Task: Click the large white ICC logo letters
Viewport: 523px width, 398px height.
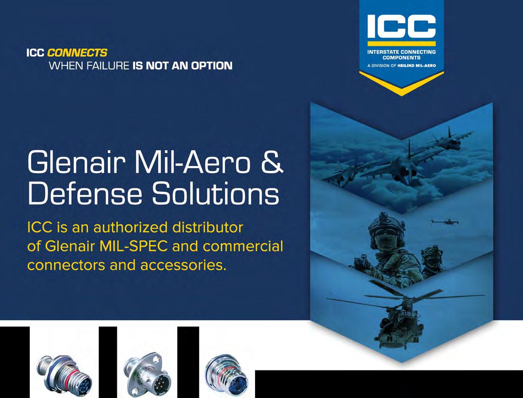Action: (x=402, y=26)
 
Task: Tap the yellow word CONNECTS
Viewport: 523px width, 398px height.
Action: (x=77, y=53)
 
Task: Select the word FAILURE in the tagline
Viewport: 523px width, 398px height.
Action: (x=108, y=65)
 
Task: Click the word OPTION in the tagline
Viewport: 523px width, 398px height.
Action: (x=212, y=65)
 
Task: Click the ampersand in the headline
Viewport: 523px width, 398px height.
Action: (x=272, y=162)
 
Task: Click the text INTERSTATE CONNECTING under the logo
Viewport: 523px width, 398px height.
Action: (x=402, y=52)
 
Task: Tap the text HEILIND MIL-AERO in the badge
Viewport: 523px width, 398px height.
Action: (x=417, y=66)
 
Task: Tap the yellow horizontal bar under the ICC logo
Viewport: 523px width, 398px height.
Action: (x=402, y=44)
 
